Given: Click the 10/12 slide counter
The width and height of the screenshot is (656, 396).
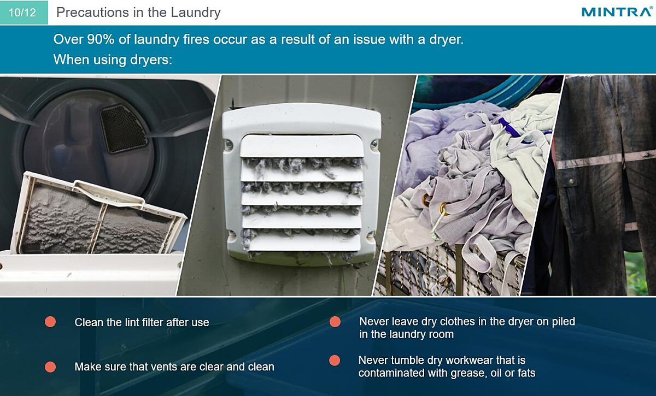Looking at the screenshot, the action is pyautogui.click(x=22, y=13).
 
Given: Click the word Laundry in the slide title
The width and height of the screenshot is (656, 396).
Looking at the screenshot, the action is pyautogui.click(x=196, y=13).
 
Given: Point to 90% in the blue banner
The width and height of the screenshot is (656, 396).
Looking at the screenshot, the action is pyautogui.click(x=101, y=39).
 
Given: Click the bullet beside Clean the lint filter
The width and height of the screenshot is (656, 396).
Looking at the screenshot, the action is pyautogui.click(x=50, y=322).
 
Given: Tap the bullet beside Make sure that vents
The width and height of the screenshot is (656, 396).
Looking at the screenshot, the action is pyautogui.click(x=50, y=367).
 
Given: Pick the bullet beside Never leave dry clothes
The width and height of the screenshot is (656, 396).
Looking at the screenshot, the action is pyautogui.click(x=335, y=322).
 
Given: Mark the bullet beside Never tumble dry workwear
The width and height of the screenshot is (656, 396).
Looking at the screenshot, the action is pyautogui.click(x=335, y=360).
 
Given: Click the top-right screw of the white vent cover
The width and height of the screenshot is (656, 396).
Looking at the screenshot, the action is pyautogui.click(x=374, y=144).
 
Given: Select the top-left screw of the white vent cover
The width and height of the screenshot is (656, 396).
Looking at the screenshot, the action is pyautogui.click(x=229, y=144).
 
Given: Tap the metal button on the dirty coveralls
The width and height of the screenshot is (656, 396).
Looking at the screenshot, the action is pyautogui.click(x=571, y=182).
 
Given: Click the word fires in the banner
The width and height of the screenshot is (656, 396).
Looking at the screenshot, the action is pyautogui.click(x=196, y=39).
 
